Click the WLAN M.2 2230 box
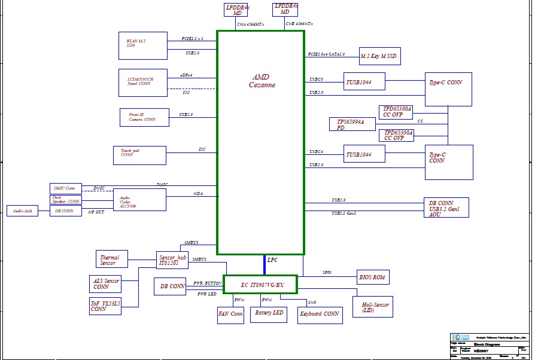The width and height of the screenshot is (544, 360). [x=143, y=45]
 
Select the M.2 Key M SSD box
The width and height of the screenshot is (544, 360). [x=379, y=56]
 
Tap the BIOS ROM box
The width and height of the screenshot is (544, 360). [x=373, y=277]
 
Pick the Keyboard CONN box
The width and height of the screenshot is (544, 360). [x=320, y=314]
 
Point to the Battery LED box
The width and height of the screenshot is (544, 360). [x=268, y=313]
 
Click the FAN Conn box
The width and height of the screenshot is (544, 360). [x=230, y=314]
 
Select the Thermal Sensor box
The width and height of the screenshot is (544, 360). [x=111, y=259]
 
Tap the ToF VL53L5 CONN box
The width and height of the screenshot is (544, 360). [x=105, y=306]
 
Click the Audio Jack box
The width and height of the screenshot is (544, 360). [x=22, y=211]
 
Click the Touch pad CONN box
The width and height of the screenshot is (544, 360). [x=139, y=155]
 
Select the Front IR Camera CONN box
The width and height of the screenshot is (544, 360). [x=144, y=117]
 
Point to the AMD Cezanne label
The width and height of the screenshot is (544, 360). [x=262, y=81]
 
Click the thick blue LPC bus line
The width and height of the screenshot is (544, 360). [x=264, y=265]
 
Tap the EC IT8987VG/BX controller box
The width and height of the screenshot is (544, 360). [x=260, y=285]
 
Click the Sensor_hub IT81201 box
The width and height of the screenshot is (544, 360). [x=173, y=260]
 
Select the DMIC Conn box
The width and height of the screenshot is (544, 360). [x=65, y=188]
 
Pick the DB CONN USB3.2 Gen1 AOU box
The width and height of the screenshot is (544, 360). [x=446, y=208]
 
